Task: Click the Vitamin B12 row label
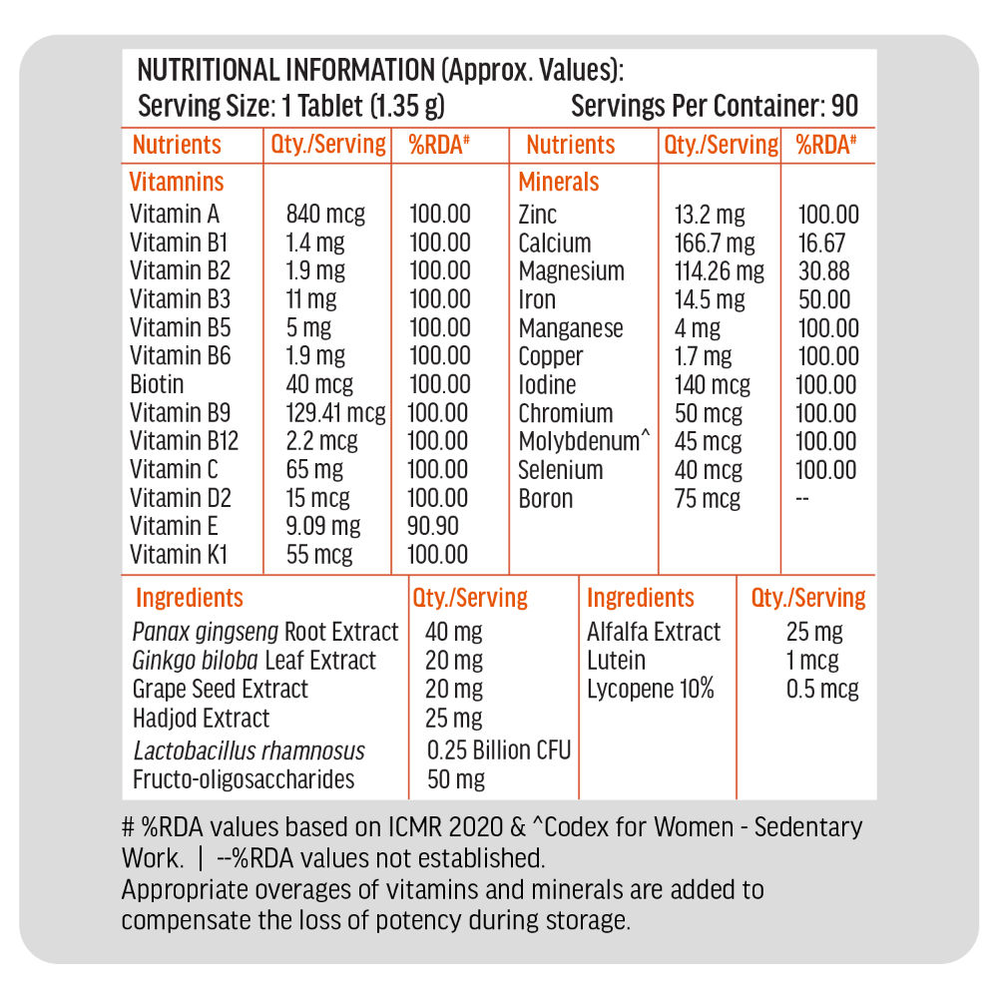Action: [x=185, y=441]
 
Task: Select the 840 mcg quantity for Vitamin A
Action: [x=325, y=214]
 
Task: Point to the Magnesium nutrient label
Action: [x=571, y=271]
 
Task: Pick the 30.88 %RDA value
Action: [x=823, y=271]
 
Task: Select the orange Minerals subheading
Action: [x=559, y=183]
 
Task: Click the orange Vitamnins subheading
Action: [x=177, y=183]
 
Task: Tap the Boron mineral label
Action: [x=546, y=499]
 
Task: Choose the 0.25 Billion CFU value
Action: [x=499, y=750]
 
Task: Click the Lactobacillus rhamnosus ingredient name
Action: [x=249, y=751]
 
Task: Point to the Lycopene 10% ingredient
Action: [x=651, y=690]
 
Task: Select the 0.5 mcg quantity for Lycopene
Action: [x=822, y=690]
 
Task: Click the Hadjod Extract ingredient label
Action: [x=201, y=719]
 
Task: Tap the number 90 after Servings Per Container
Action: [x=844, y=107]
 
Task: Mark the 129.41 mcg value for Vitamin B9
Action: [x=336, y=413]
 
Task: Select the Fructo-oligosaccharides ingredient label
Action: [x=244, y=779]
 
